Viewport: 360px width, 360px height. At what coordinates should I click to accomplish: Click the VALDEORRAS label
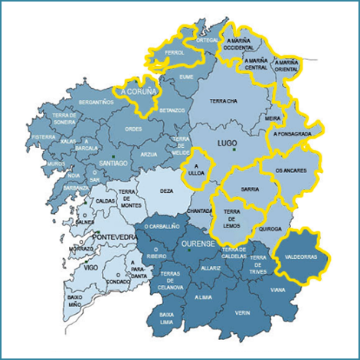tap(305, 257)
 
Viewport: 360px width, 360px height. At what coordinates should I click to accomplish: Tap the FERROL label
tap(175, 53)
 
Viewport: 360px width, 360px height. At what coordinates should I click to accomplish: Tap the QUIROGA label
tap(270, 228)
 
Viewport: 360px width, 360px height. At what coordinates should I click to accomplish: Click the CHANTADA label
tap(199, 211)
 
